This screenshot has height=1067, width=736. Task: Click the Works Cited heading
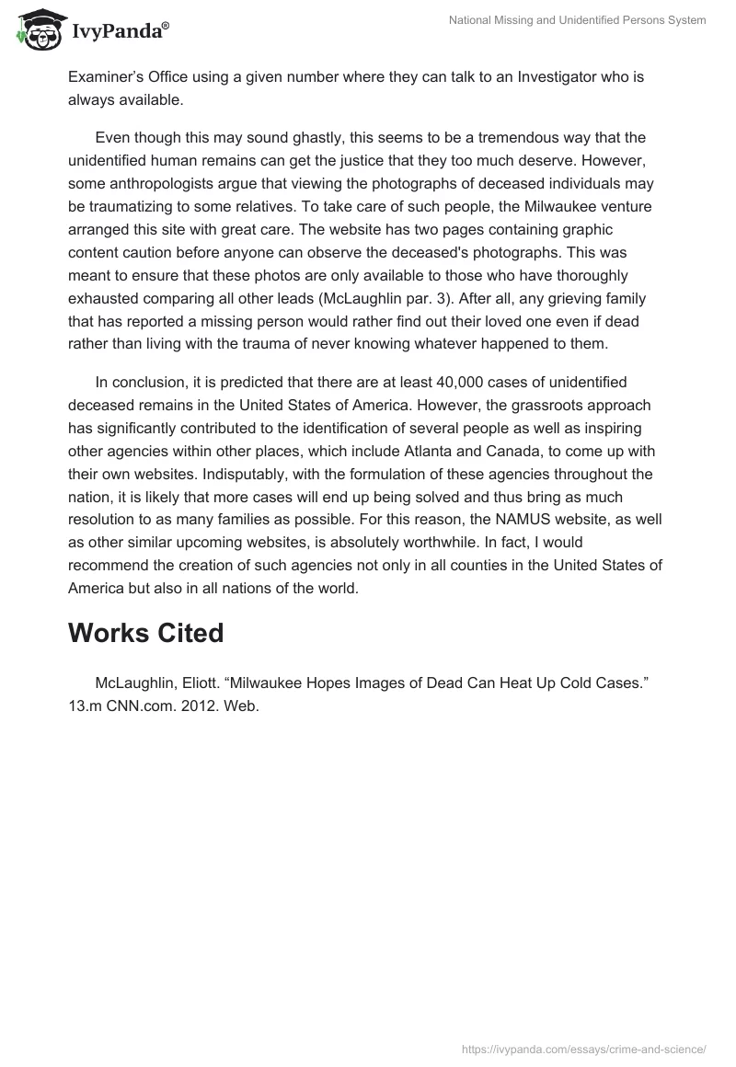(145, 633)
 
